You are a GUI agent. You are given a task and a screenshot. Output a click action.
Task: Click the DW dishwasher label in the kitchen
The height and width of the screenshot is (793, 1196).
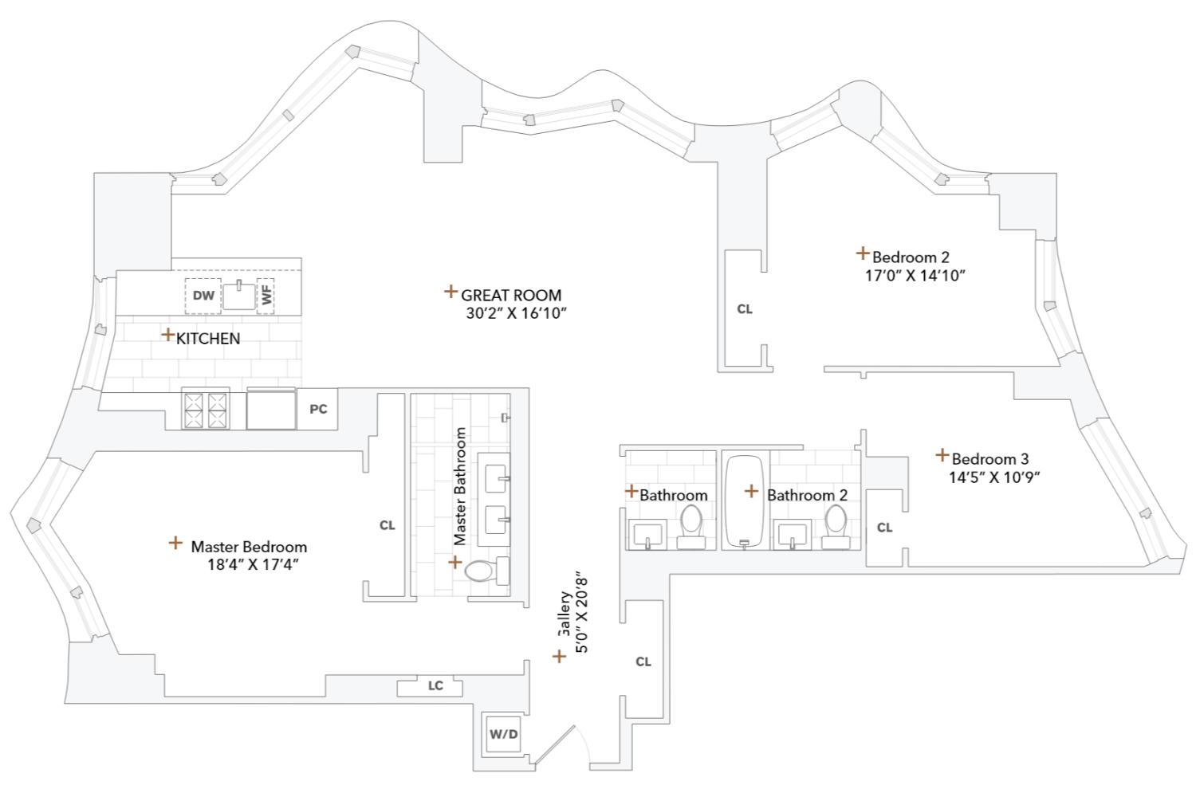click(x=203, y=296)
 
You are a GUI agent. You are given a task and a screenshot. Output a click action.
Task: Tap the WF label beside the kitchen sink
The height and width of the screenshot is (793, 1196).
click(x=266, y=296)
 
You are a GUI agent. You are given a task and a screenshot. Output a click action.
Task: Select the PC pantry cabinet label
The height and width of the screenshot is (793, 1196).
click(x=318, y=409)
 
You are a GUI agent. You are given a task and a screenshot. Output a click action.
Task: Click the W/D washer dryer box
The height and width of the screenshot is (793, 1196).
click(x=503, y=734)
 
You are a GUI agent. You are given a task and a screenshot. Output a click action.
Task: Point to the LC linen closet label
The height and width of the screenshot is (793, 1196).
click(x=435, y=685)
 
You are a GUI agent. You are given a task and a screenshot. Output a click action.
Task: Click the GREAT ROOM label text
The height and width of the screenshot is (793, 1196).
click(x=511, y=295)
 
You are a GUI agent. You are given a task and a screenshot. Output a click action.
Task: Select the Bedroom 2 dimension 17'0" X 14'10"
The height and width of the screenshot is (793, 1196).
click(x=915, y=276)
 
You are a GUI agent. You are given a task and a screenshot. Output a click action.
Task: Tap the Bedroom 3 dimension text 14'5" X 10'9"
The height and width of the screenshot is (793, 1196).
click(x=994, y=477)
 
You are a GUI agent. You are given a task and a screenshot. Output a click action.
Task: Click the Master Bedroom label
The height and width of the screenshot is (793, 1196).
click(x=249, y=547)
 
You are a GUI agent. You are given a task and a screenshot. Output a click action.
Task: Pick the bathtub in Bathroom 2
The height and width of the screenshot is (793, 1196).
click(x=745, y=501)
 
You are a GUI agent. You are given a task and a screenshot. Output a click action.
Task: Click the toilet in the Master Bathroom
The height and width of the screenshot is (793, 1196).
click(x=485, y=571)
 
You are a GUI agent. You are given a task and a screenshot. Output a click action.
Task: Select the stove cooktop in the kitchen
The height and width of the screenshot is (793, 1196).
click(x=206, y=410)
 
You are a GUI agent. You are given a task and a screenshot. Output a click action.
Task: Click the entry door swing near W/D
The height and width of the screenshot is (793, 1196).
click(x=558, y=745)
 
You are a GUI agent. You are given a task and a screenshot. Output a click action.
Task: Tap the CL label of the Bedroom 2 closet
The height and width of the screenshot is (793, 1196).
click(x=745, y=309)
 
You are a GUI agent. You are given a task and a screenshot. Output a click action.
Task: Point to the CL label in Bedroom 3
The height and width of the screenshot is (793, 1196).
click(x=884, y=528)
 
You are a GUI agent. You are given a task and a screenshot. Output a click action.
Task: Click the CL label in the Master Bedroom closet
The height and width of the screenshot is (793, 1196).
click(x=388, y=525)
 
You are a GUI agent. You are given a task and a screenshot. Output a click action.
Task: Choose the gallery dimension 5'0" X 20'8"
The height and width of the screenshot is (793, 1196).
click(x=582, y=614)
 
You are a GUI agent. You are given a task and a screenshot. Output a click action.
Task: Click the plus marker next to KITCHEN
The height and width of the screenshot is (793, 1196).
click(x=167, y=335)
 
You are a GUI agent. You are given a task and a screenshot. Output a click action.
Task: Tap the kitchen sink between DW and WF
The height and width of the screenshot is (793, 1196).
click(x=238, y=296)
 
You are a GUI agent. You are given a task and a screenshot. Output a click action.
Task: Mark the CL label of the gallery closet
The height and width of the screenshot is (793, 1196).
click(x=643, y=661)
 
